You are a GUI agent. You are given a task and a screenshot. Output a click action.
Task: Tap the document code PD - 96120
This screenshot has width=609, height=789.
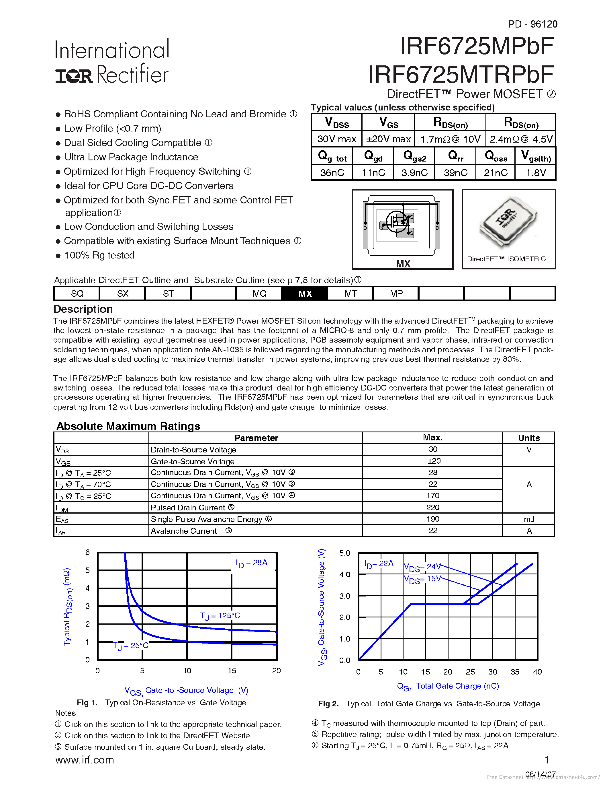(532, 24)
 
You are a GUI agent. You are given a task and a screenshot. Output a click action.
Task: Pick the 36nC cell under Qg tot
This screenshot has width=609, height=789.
(332, 173)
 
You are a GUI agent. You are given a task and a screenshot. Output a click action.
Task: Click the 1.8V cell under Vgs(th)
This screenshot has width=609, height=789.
(535, 173)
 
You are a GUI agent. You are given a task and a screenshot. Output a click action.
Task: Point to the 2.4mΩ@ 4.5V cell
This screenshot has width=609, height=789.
(521, 139)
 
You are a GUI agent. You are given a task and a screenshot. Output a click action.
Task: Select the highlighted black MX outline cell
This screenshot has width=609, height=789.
(305, 293)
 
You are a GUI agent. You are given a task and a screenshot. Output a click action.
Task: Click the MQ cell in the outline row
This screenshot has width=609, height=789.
(259, 293)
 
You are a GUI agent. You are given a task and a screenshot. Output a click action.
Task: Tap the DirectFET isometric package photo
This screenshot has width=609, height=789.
(508, 223)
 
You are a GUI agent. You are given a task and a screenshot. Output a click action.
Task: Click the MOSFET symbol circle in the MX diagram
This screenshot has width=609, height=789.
(397, 221)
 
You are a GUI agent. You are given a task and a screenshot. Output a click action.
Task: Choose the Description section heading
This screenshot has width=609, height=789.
(83, 309)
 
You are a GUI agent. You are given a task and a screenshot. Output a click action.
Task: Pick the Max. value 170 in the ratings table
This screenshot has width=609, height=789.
(432, 496)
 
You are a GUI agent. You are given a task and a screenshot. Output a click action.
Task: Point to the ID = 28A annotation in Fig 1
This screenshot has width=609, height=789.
(251, 563)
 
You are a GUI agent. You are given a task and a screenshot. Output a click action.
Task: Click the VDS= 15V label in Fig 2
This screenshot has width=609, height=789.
(422, 579)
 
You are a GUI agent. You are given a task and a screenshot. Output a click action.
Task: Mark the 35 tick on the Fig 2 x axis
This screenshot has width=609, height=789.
(515, 672)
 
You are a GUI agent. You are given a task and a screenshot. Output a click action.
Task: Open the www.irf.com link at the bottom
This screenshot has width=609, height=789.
(85, 760)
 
